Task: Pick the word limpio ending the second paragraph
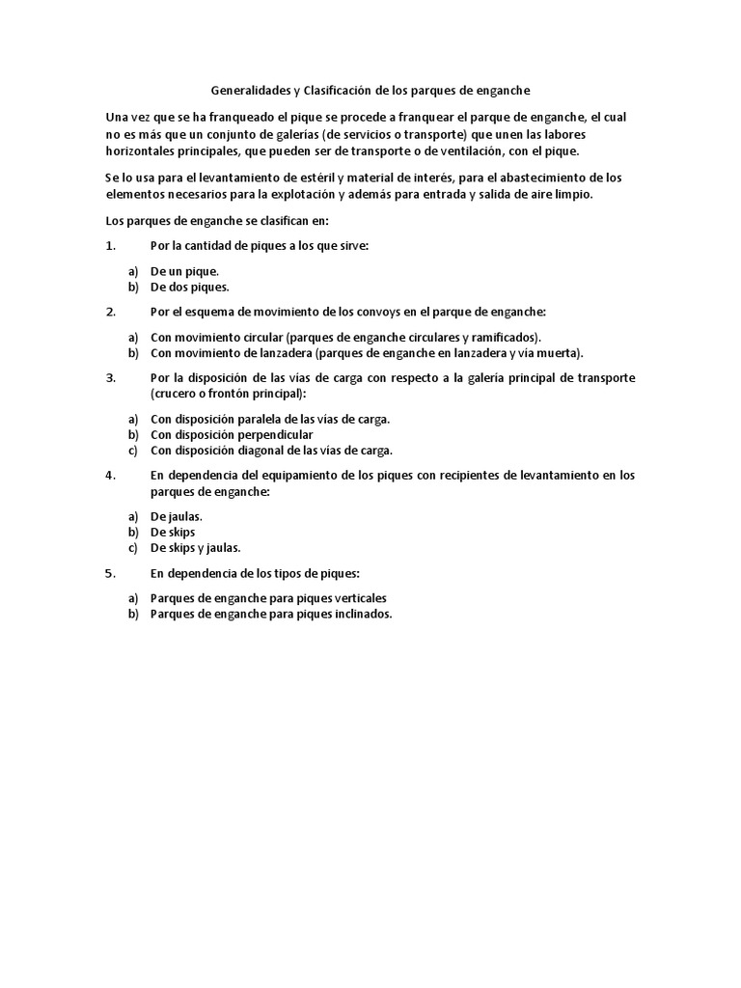[x=573, y=193]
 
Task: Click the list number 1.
[x=109, y=245]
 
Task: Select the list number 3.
[x=109, y=377]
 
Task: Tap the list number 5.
[x=109, y=572]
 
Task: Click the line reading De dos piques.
[x=189, y=287]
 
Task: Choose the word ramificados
[x=506, y=337]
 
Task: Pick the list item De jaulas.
[x=177, y=516]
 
